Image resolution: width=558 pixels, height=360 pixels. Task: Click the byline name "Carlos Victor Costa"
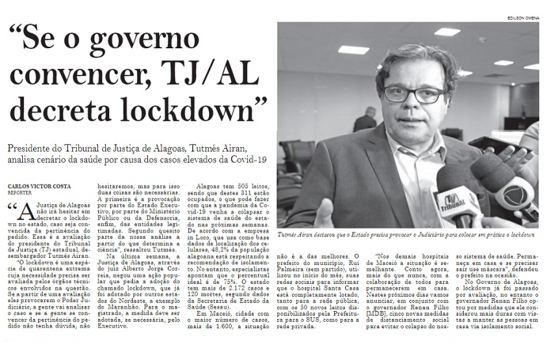[40, 185]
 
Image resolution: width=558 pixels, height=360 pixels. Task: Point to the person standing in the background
[366, 119]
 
